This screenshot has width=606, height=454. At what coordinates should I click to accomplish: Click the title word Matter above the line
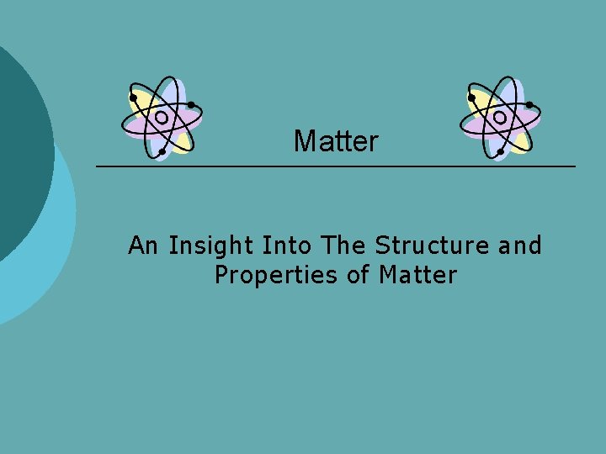coord(336,141)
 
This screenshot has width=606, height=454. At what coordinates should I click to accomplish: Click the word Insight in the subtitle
coord(211,245)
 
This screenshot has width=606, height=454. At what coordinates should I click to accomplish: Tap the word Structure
coord(433,245)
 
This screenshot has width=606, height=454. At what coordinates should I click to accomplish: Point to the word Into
coord(287,245)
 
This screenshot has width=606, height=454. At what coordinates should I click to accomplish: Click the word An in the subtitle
coord(143,245)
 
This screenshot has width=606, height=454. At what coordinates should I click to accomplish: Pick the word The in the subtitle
coord(343,245)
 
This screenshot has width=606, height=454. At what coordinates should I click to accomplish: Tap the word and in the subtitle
coord(520,245)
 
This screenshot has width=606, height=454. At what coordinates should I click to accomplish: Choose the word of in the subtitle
coord(359,274)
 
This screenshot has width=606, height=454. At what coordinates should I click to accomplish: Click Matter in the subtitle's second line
coord(417,274)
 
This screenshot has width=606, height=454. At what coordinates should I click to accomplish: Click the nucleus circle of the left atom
coord(161,119)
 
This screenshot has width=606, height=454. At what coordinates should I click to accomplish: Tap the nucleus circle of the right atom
coord(499,119)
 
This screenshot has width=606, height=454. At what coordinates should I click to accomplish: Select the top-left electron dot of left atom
coord(133,97)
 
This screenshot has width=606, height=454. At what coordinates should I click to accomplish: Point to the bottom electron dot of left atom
coord(162,152)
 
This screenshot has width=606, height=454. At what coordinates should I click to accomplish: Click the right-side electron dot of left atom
coord(192,105)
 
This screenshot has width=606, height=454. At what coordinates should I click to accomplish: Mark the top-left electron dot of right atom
coord(471,97)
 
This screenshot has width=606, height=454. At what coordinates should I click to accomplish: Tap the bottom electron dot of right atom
coord(500,152)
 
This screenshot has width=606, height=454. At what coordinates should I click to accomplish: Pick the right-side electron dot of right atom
coord(529,105)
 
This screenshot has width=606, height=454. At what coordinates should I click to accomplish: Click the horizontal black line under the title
coord(337,166)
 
